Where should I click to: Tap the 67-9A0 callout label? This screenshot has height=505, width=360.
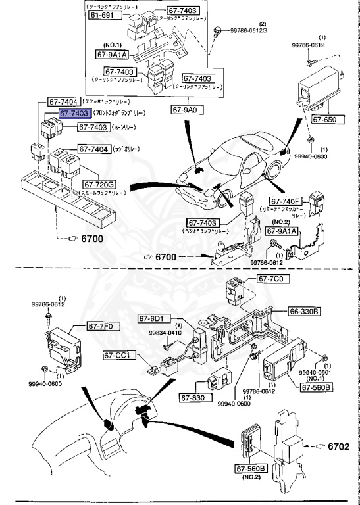coord(186,109)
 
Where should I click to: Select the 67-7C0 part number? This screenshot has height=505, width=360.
coord(270,279)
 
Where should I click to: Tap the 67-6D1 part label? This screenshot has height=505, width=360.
coord(153,318)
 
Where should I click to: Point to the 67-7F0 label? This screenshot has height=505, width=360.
coord(101,325)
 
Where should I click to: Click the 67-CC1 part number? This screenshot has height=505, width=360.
coord(118,355)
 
